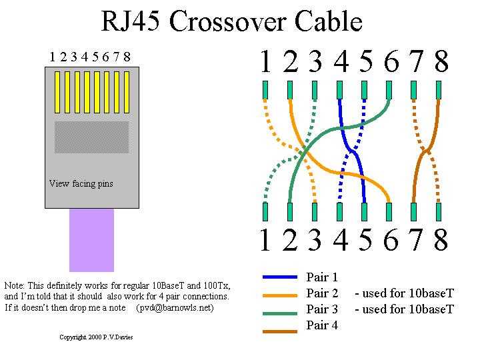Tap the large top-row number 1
point(265,62)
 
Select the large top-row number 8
point(441,62)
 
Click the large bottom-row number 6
point(391,240)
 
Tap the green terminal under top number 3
point(315,89)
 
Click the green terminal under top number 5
point(365,89)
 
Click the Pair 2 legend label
point(322,293)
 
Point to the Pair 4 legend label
point(322,325)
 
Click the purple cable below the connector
point(91,240)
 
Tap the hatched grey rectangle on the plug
point(91,137)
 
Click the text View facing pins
point(81,183)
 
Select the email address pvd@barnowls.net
point(175,308)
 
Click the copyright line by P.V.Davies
point(96,337)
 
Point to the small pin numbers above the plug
point(90,57)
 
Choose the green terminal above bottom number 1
point(265,211)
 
